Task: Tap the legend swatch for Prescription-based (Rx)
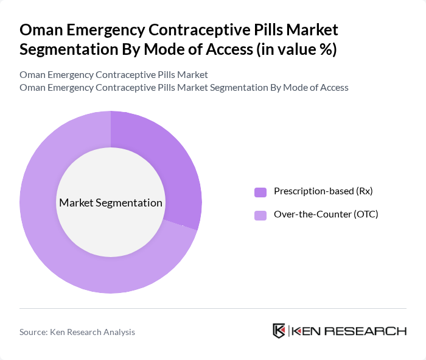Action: point(260,192)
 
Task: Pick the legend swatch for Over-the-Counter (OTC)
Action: point(260,215)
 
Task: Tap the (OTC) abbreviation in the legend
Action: point(365,214)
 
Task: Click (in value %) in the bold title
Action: point(295,49)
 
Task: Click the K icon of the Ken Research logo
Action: point(279,331)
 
